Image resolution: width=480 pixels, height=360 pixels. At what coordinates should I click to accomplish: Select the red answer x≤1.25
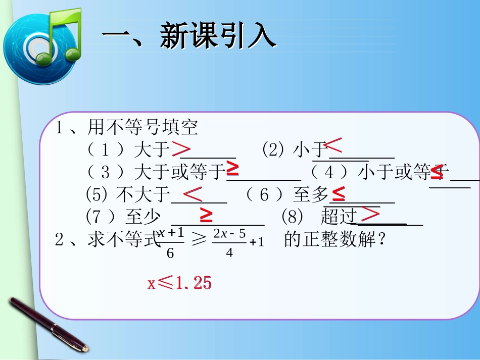point(179,283)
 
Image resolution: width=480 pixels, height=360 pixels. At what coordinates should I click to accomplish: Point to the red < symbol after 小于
point(333,146)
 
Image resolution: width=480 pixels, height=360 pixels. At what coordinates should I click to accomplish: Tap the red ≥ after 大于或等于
point(232,169)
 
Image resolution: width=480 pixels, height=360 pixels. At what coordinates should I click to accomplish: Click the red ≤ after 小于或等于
point(437,173)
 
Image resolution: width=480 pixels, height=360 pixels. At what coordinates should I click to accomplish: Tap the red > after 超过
point(371,214)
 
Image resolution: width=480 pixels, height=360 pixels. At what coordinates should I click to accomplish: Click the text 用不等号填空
point(143,128)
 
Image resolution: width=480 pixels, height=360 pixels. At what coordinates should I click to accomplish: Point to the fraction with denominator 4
point(230,243)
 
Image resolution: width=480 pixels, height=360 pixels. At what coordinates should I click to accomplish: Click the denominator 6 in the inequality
point(170,253)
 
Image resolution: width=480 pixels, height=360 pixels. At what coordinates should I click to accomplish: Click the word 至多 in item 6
point(311,195)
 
